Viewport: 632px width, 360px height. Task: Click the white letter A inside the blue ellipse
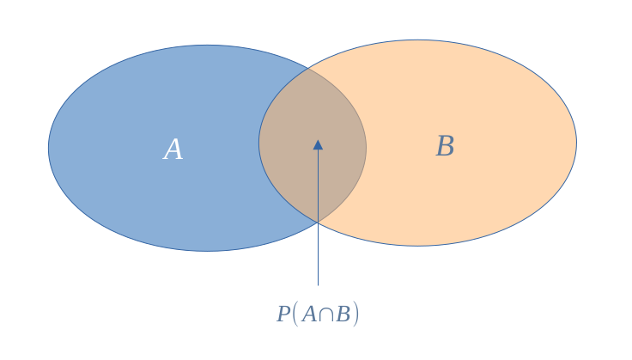point(173,149)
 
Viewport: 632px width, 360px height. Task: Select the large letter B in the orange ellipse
point(445,146)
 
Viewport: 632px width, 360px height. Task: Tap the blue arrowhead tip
point(318,140)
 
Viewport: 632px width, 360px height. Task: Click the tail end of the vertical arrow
point(318,285)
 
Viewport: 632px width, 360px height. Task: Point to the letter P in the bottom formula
point(283,314)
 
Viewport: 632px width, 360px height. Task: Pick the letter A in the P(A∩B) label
point(309,314)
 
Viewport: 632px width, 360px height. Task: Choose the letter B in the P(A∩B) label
point(343,314)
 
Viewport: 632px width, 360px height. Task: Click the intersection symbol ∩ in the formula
point(326,314)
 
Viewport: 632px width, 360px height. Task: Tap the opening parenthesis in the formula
point(295,314)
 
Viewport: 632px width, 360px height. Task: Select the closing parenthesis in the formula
point(355,314)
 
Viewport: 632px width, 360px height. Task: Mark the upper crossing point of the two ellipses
point(309,68)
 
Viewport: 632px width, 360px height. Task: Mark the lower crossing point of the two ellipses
point(318,223)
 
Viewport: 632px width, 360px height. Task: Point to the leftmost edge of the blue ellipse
point(48,148)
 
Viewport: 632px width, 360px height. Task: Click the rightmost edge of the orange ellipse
point(576,143)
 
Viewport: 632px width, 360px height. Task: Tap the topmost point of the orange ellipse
point(417,40)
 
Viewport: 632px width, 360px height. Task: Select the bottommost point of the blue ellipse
point(207,251)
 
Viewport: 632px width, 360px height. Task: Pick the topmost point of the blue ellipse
point(207,45)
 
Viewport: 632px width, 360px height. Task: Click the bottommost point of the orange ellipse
point(417,246)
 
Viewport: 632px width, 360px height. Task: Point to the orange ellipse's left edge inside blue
point(258,143)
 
